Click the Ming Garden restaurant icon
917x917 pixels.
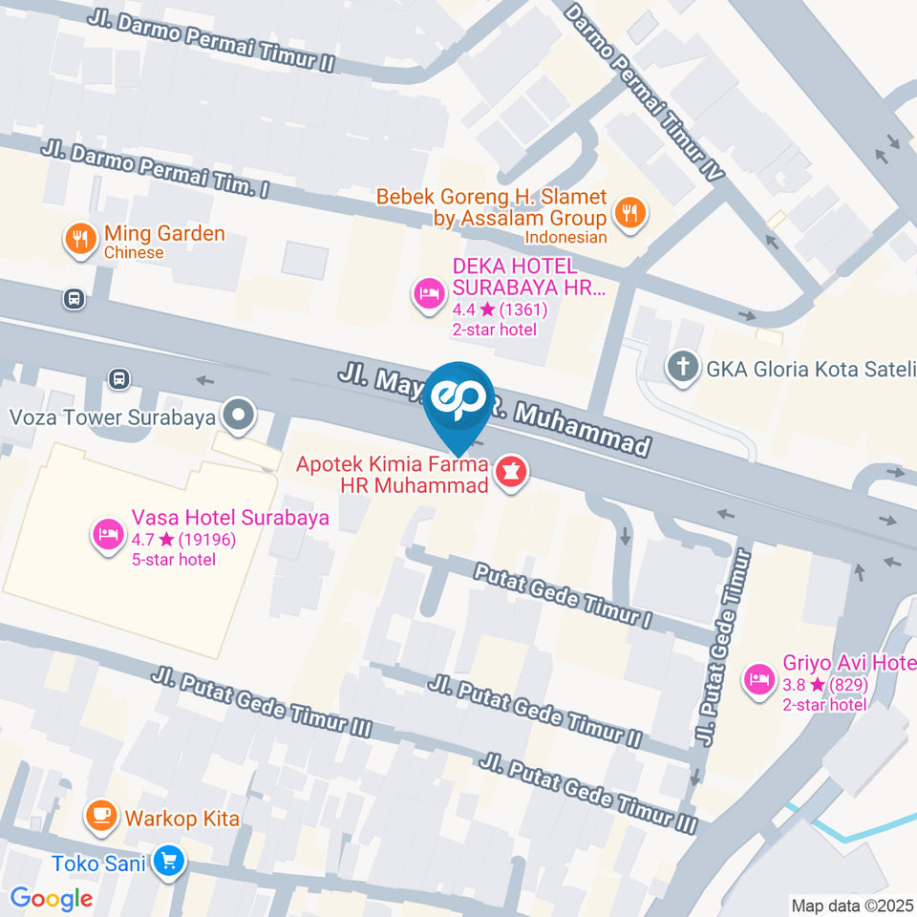click(x=79, y=238)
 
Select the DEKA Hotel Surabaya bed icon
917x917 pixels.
click(x=427, y=293)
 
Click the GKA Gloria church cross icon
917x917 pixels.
click(x=682, y=368)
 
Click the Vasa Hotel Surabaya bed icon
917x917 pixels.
click(x=106, y=534)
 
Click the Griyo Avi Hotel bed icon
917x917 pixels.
click(x=759, y=679)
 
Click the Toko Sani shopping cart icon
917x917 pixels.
click(x=169, y=862)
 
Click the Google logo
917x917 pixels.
click(x=52, y=898)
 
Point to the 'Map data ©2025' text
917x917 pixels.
click(x=852, y=905)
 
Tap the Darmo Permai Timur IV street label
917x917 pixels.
click(x=644, y=92)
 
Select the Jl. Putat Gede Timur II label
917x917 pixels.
click(x=534, y=711)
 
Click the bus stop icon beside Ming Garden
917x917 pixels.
click(x=74, y=299)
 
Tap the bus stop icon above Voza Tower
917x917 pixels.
click(x=118, y=378)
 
